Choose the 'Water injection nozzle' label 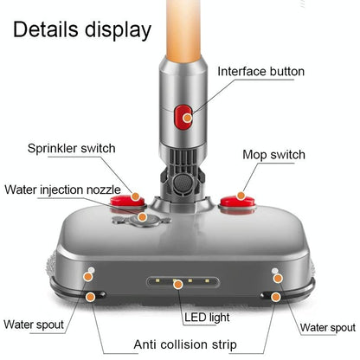62,188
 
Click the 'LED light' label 208,316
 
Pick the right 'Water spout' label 327,327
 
